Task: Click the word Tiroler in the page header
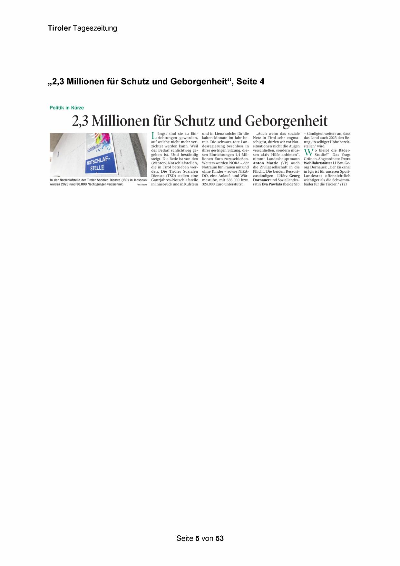[x=59, y=28]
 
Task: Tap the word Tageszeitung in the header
[x=95, y=28]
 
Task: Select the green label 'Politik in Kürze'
[x=67, y=108]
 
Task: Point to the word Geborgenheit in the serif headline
[x=286, y=121]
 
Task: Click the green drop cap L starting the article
[x=153, y=136]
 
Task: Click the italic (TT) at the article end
[x=343, y=184]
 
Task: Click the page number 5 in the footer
[x=197, y=538]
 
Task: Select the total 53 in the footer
[x=220, y=538]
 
